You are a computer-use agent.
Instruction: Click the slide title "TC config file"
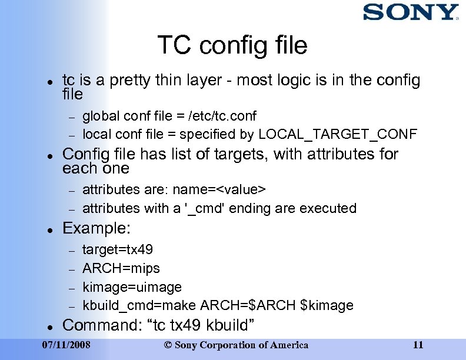(232, 45)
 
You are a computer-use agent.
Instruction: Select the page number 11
(418, 345)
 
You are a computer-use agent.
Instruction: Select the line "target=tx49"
(118, 249)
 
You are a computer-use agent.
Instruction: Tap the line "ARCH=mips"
(121, 268)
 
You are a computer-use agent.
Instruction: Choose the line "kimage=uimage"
(132, 287)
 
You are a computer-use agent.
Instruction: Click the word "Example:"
(96, 228)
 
